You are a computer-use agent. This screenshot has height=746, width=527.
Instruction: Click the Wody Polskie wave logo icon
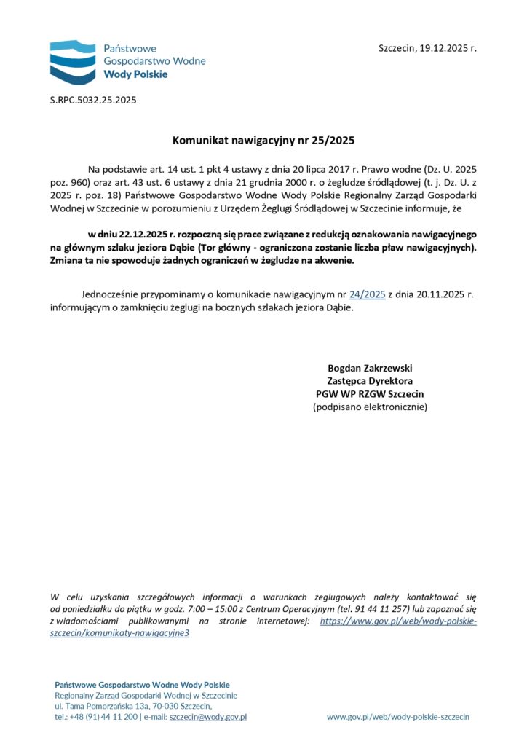pyautogui.click(x=73, y=61)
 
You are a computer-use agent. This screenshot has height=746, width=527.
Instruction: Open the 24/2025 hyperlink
pyautogui.click(x=367, y=294)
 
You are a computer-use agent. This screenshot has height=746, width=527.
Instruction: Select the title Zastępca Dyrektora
pyautogui.click(x=370, y=380)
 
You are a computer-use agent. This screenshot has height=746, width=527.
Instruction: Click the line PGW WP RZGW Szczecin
pyautogui.click(x=370, y=393)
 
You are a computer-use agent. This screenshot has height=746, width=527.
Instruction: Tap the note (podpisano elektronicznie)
pyautogui.click(x=370, y=407)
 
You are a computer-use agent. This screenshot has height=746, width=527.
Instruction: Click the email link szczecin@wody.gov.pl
pyautogui.click(x=207, y=717)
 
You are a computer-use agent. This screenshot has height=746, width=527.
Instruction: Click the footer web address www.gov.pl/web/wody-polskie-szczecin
pyautogui.click(x=398, y=717)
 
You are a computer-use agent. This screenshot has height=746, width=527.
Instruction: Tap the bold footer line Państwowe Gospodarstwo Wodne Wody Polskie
pyautogui.click(x=142, y=685)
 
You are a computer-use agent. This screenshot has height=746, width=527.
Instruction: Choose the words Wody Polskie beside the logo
pyautogui.click(x=135, y=74)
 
